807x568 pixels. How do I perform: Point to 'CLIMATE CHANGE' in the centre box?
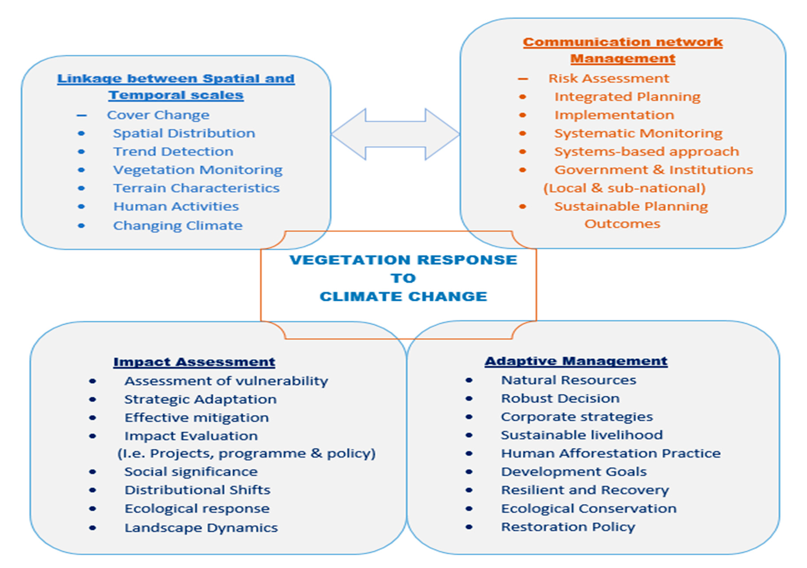point(403,297)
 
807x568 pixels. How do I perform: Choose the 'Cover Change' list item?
point(158,115)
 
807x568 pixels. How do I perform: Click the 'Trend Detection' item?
point(173,152)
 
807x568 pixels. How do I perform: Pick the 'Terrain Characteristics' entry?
point(196,188)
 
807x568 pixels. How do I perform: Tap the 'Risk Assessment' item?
point(609,78)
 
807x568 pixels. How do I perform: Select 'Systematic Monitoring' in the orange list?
point(638,133)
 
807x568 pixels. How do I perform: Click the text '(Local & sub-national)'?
point(624,188)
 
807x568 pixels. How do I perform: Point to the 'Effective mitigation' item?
point(197,418)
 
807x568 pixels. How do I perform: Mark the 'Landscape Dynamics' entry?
point(201,528)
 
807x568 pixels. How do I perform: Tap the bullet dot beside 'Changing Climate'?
point(81,226)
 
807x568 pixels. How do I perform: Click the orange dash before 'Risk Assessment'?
point(523,79)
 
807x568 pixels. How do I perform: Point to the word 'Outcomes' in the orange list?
point(622,224)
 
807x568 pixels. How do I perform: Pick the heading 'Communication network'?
point(622,42)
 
